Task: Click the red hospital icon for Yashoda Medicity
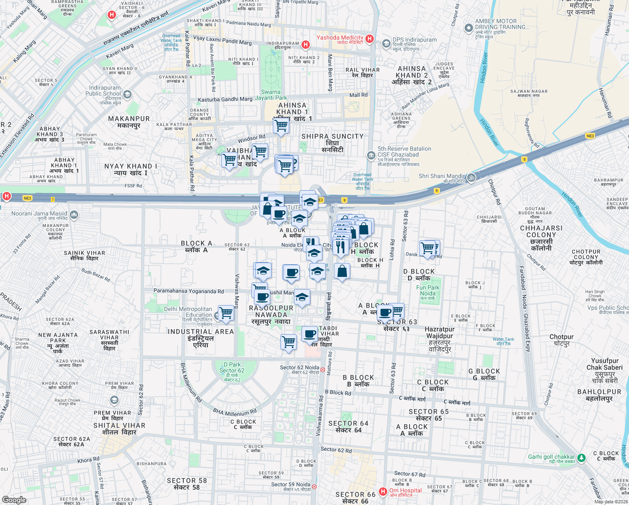pos(370,39)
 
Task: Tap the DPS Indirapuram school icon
pos(386,43)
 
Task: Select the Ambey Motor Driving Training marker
pos(468,28)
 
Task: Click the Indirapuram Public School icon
pos(127,95)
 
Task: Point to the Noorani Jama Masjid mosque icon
pos(74,215)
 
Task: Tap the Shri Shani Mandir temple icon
pos(471,178)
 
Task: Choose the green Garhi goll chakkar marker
pos(581,457)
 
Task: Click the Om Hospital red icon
pos(383,491)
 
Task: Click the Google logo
pos(14,500)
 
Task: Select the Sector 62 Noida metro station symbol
pos(322,369)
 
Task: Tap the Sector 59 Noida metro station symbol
pos(314,486)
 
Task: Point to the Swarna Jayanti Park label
pos(271,95)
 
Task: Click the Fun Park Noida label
pos(428,290)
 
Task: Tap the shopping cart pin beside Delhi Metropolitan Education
pos(226,313)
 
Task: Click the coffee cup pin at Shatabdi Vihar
pos(310,335)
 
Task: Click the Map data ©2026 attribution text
pos(610,501)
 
